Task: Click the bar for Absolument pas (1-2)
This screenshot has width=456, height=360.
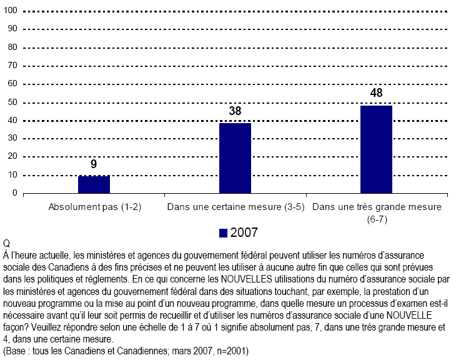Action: click(x=94, y=184)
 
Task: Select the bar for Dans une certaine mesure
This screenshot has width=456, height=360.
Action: click(x=235, y=158)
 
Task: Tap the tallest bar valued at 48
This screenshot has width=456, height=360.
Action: click(x=376, y=149)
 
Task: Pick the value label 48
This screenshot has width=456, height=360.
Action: click(x=376, y=94)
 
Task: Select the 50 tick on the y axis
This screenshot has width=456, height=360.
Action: click(x=12, y=102)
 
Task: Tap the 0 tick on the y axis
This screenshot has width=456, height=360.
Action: click(x=14, y=193)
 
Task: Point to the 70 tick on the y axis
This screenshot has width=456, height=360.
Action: click(x=12, y=66)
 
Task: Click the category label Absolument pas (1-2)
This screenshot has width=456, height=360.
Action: click(x=94, y=207)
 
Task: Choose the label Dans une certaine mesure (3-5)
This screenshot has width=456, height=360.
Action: click(x=234, y=207)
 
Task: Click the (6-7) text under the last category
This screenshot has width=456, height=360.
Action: click(x=376, y=217)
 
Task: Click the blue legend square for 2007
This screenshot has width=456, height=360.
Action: click(x=223, y=232)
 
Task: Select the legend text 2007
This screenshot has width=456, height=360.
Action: click(x=244, y=232)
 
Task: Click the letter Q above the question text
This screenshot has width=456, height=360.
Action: click(x=7, y=243)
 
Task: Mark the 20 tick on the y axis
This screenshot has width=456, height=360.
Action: click(x=12, y=157)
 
